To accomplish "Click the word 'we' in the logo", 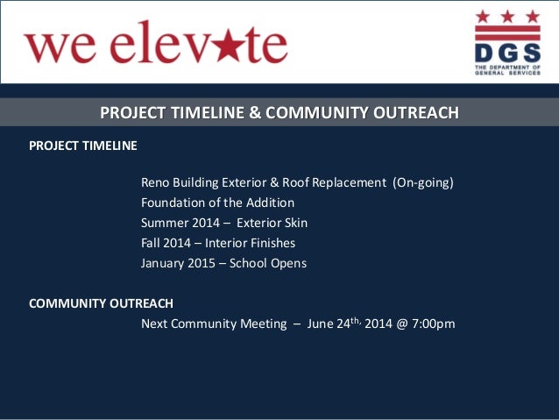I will pos(54,46).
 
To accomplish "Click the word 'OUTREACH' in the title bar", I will pos(414,113).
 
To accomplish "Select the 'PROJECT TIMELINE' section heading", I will pos(83,146).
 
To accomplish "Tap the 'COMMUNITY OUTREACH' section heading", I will pos(101,303).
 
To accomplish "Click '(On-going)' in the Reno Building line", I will pos(422,182).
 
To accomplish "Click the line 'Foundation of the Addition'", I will pos(217,203).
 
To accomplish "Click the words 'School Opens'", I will pos(268,263).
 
